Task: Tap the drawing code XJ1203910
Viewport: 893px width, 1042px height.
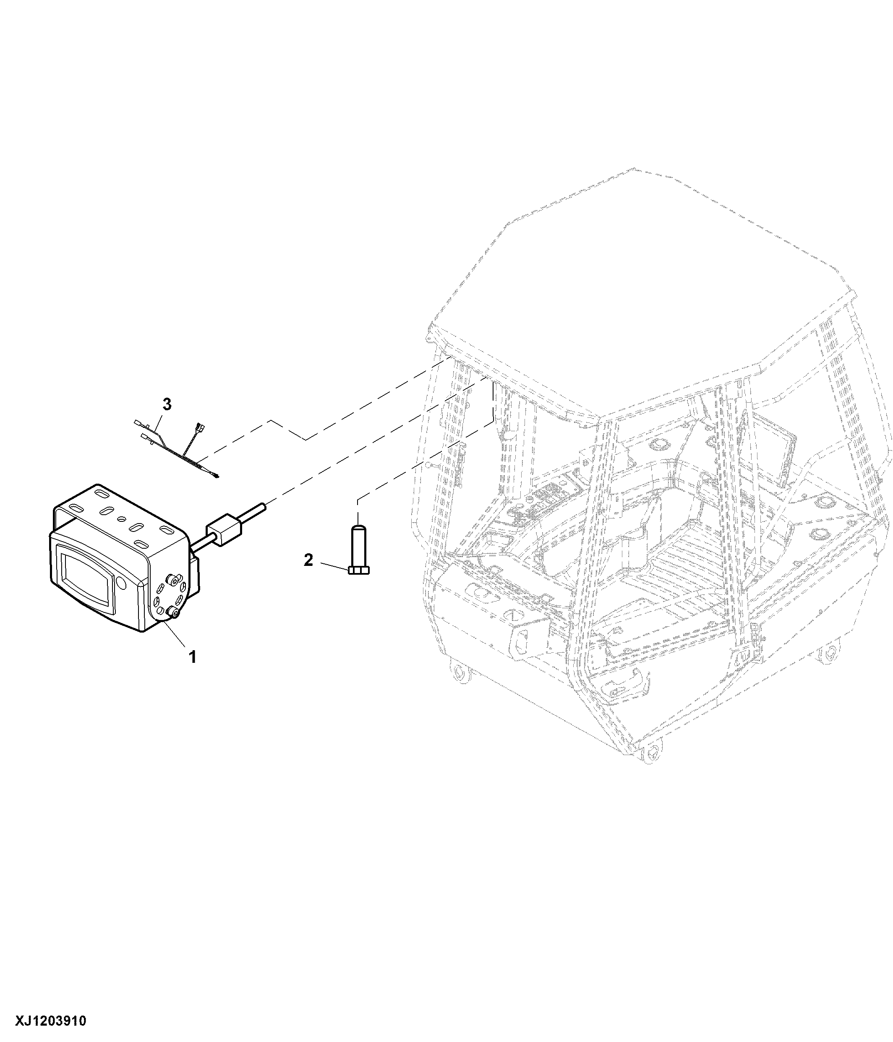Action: (51, 1021)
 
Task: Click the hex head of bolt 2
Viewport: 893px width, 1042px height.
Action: (358, 570)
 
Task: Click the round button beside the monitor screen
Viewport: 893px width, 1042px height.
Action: (121, 583)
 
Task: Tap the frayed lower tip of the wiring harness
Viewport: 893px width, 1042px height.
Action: (216, 476)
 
